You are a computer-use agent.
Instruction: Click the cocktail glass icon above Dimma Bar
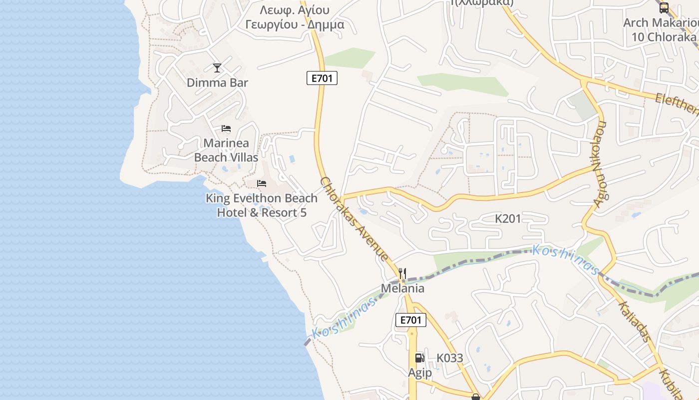[x=217, y=67]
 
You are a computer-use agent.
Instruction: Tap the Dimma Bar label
[x=217, y=82]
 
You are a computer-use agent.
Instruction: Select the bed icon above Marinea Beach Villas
[x=226, y=128]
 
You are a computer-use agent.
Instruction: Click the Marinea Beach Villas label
[x=226, y=150]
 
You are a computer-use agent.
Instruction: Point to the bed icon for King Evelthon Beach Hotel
[x=262, y=183]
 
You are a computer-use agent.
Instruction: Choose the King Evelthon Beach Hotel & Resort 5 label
[x=262, y=205]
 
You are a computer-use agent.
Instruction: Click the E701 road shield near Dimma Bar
[x=322, y=78]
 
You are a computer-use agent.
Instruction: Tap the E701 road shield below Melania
[x=410, y=320]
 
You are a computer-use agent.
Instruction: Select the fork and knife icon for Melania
[x=402, y=273]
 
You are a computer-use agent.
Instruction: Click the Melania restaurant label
[x=402, y=288]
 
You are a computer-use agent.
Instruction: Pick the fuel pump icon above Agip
[x=419, y=357]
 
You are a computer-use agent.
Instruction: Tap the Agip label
[x=420, y=373]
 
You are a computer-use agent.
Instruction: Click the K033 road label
[x=450, y=358]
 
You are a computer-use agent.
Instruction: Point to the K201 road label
[x=508, y=218]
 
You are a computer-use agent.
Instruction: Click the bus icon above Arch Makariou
[x=664, y=7]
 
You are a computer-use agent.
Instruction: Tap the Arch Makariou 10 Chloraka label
[x=661, y=30]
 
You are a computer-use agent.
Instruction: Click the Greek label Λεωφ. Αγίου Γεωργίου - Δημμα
[x=295, y=17]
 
